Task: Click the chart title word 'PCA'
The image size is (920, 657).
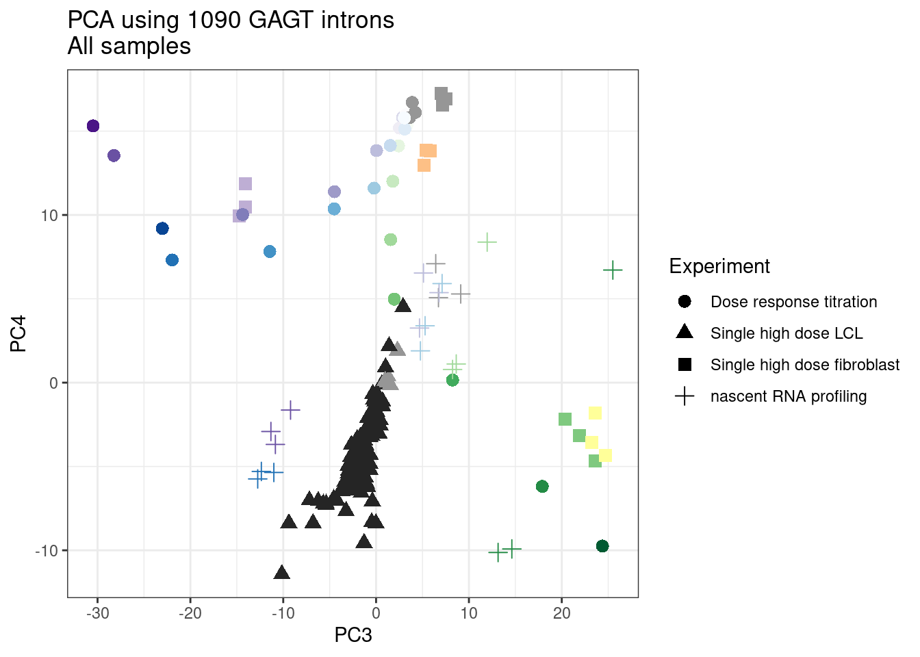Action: coord(91,21)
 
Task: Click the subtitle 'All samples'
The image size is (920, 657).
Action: coord(129,47)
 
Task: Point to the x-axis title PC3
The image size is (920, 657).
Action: coord(353,635)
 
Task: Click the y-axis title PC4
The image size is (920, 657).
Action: coord(18,333)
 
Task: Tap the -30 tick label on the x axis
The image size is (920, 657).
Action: coord(97,613)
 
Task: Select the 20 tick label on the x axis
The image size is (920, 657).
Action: coord(561,613)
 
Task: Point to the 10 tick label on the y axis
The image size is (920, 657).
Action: coord(50,216)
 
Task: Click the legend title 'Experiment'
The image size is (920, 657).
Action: coord(719,266)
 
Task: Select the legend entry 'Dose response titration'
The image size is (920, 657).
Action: coord(793,302)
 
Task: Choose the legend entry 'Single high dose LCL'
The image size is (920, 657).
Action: coord(786,333)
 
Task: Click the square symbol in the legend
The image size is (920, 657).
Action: coord(685,365)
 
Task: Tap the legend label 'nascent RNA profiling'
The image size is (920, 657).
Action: coord(788,396)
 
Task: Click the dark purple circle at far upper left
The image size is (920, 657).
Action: coord(93,126)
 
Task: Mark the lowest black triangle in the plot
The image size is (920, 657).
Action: coord(281,573)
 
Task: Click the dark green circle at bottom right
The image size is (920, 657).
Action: coord(602,546)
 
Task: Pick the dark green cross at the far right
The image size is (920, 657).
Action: coord(613,270)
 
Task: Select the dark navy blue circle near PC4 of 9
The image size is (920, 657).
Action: coord(162,229)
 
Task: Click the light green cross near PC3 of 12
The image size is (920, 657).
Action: coord(487,242)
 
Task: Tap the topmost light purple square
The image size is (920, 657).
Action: coord(246,183)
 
